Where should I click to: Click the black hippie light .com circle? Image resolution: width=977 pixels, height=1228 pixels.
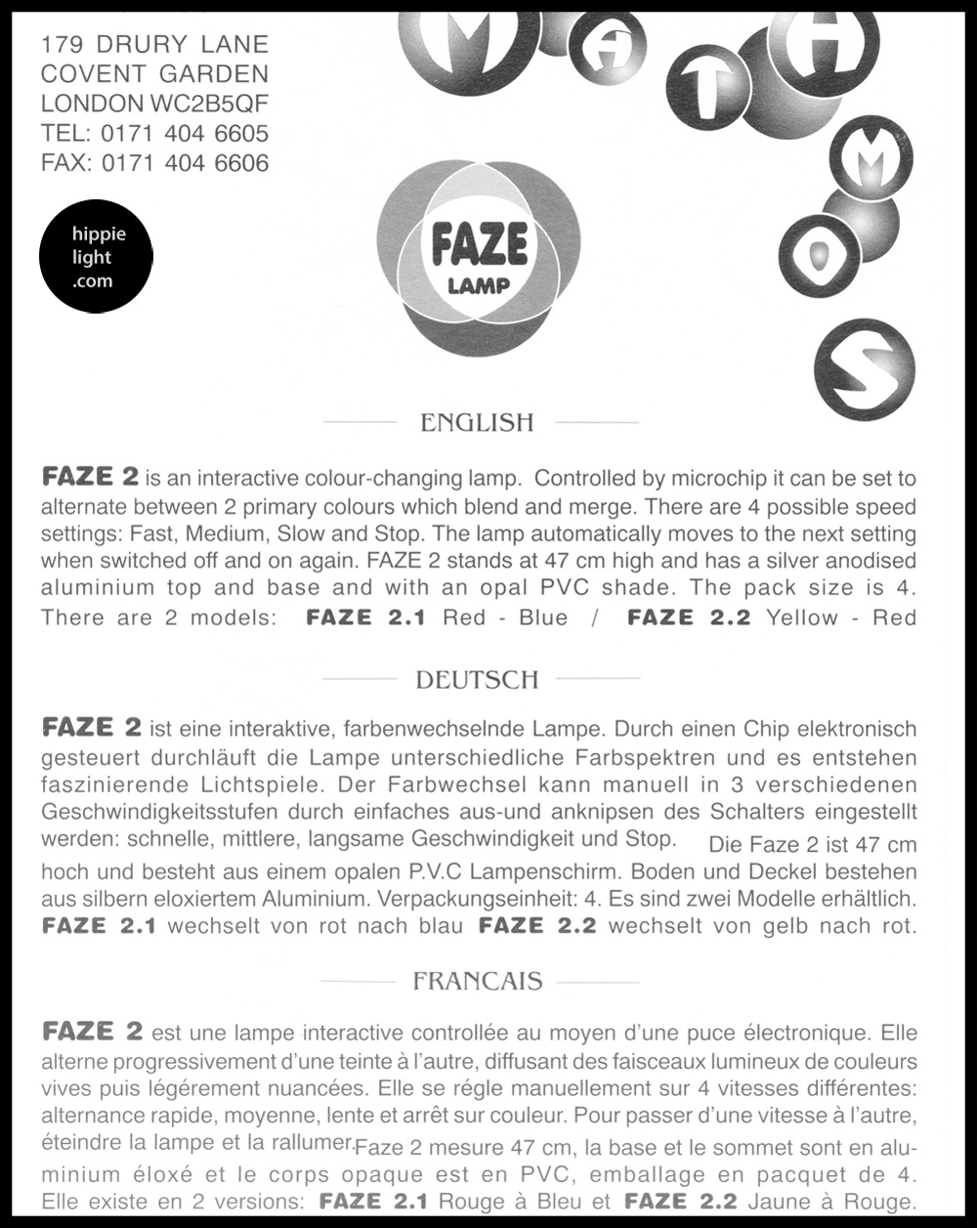pyautogui.click(x=95, y=257)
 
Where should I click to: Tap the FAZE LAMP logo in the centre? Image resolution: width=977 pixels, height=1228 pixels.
pyautogui.click(x=479, y=256)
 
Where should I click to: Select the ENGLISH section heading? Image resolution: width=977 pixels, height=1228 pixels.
pyautogui.click(x=477, y=423)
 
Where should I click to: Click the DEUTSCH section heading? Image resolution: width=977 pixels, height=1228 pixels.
pyautogui.click(x=477, y=680)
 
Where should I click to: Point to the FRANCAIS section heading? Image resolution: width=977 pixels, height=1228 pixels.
pyautogui.click(x=477, y=981)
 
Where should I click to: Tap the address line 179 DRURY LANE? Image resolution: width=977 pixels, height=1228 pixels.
pyautogui.click(x=154, y=44)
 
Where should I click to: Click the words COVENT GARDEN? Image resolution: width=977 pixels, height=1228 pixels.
pyautogui.click(x=154, y=74)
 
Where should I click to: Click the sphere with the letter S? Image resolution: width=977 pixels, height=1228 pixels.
pyautogui.click(x=864, y=368)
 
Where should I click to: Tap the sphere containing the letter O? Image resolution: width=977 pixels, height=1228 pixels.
pyautogui.click(x=819, y=255)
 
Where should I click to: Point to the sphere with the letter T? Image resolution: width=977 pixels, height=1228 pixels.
pyautogui.click(x=708, y=87)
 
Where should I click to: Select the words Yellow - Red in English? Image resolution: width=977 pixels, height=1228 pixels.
pyautogui.click(x=841, y=618)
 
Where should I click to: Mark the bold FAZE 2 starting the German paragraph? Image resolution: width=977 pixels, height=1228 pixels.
pyautogui.click(x=92, y=728)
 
